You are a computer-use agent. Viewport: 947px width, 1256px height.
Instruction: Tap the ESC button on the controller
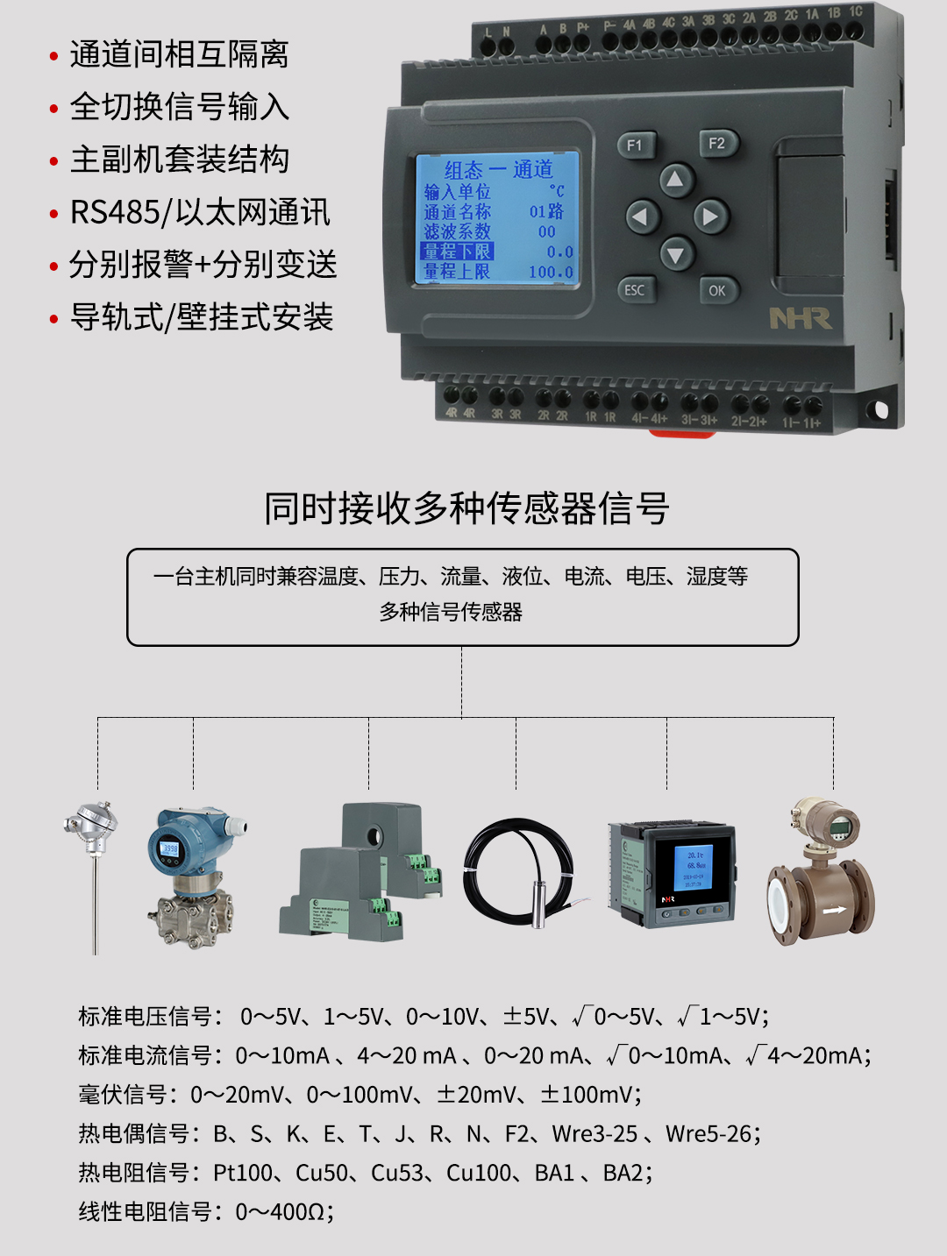(x=635, y=290)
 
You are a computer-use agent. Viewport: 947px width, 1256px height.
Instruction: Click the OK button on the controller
(x=717, y=290)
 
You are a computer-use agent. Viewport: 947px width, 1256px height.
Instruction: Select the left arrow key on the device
(x=642, y=216)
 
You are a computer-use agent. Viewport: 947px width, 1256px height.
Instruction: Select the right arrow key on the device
(x=709, y=216)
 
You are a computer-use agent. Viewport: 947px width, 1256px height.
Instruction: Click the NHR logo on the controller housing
(x=800, y=318)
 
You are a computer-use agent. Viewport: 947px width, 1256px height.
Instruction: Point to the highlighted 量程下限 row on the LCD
(x=458, y=252)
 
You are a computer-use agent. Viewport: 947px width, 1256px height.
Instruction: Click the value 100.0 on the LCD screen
(x=551, y=272)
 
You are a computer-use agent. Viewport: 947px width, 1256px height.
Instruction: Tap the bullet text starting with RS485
(x=200, y=212)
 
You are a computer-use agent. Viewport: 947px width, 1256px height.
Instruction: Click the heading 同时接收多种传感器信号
(x=466, y=508)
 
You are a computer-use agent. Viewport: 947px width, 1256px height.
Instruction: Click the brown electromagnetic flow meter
(x=821, y=876)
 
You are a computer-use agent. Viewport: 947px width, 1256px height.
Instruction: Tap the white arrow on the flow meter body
(x=834, y=910)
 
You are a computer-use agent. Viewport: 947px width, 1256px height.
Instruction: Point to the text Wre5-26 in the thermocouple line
(x=708, y=1133)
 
